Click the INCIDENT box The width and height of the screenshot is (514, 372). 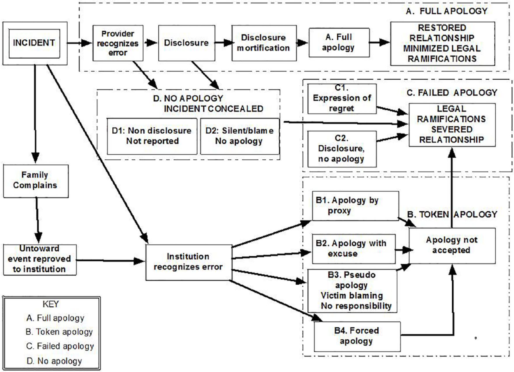click(35, 43)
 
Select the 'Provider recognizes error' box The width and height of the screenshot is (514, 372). click(118, 43)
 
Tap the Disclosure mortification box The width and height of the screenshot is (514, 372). click(264, 43)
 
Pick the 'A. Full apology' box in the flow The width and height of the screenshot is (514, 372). click(339, 43)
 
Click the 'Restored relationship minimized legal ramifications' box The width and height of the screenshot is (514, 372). click(442, 43)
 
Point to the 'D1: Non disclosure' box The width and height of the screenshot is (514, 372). click(152, 136)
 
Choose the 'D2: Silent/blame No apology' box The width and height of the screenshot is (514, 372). click(240, 136)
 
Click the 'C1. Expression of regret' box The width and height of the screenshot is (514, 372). click(342, 99)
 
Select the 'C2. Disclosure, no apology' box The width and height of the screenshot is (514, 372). click(342, 149)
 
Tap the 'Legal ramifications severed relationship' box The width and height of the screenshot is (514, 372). click(452, 125)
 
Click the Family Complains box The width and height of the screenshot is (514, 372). click(36, 181)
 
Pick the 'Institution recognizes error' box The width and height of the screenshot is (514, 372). click(189, 263)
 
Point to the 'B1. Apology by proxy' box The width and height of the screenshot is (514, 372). click(356, 206)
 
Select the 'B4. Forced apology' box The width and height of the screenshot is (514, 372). click(357, 337)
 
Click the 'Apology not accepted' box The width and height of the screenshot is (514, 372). click(452, 246)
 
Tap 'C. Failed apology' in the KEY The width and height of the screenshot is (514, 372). click(60, 346)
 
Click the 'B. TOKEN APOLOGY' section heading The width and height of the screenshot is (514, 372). click(452, 214)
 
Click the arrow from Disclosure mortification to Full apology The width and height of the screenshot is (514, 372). click(302, 43)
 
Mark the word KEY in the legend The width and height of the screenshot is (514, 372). click(51, 304)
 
